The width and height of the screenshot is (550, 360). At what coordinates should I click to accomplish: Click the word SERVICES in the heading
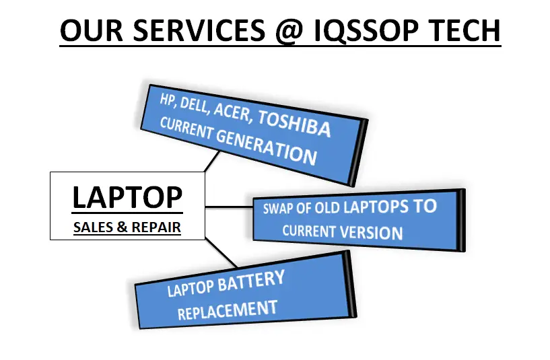pyautogui.click(x=199, y=30)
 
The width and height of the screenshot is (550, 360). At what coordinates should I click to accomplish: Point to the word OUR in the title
pyautogui.click(x=92, y=30)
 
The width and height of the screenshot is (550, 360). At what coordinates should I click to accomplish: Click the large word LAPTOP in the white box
pyautogui.click(x=127, y=197)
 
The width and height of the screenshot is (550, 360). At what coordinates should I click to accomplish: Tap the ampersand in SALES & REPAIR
pyautogui.click(x=122, y=227)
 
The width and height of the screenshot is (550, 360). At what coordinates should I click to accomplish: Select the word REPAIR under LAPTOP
pyautogui.click(x=156, y=227)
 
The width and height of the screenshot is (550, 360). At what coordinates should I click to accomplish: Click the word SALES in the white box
pyautogui.click(x=94, y=227)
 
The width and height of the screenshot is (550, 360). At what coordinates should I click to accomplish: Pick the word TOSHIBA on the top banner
pyautogui.click(x=295, y=124)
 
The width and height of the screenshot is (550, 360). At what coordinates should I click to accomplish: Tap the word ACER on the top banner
pyautogui.click(x=233, y=112)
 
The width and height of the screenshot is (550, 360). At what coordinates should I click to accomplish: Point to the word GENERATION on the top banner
pyautogui.click(x=267, y=147)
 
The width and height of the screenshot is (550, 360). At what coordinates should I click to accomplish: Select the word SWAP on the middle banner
pyautogui.click(x=278, y=208)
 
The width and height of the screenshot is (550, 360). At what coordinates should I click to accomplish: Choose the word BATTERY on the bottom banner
pyautogui.click(x=251, y=282)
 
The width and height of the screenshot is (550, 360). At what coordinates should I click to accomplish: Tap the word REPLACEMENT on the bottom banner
pyautogui.click(x=228, y=310)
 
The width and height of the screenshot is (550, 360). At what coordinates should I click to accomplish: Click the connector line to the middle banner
pyautogui.click(x=229, y=207)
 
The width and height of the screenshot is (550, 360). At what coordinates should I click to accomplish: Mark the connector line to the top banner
pyautogui.click(x=212, y=161)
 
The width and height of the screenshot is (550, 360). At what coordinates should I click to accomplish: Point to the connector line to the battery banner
pyautogui.click(x=221, y=252)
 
